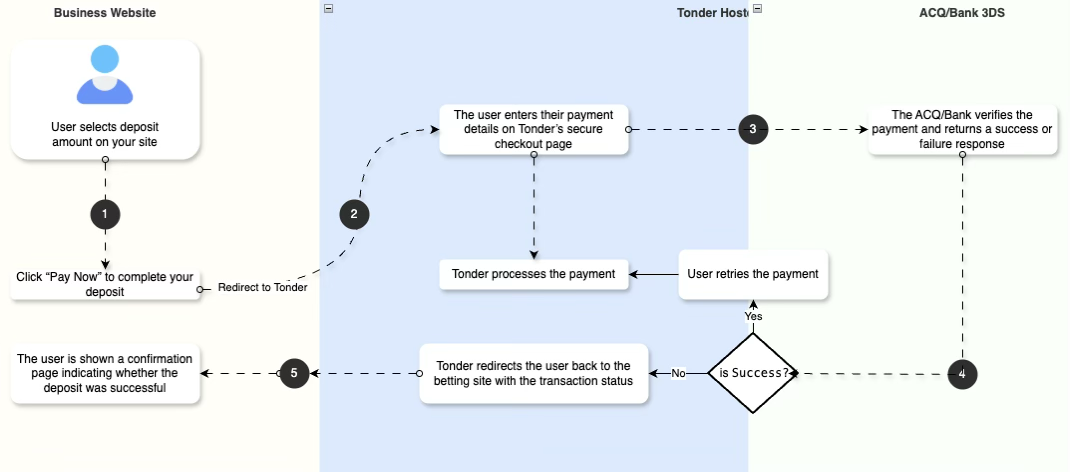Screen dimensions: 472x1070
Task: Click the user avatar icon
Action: (x=105, y=74)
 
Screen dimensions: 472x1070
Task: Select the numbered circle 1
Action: (x=105, y=213)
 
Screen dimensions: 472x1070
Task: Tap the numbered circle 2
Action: (x=354, y=213)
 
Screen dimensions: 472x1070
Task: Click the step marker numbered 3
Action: (x=753, y=128)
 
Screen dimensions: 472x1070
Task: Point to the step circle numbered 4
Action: (x=962, y=374)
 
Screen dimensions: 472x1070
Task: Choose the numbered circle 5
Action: (x=293, y=373)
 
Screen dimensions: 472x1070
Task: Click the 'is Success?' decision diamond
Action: (x=753, y=374)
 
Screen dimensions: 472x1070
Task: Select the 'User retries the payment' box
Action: (x=754, y=274)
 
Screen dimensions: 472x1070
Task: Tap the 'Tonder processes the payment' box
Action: (x=534, y=274)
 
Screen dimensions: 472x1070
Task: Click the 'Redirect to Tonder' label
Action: (x=262, y=288)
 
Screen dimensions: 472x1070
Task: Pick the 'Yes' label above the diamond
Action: (x=753, y=316)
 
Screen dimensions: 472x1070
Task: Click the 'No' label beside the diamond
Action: (x=678, y=373)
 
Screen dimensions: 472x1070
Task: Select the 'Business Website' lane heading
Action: (x=105, y=13)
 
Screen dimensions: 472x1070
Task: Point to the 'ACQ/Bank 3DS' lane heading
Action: (x=961, y=13)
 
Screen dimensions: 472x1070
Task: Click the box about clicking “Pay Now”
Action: (x=105, y=283)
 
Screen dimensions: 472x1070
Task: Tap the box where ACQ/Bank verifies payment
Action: (x=962, y=129)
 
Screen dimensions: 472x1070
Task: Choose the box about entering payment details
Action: (x=534, y=129)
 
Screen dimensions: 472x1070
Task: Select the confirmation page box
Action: (x=105, y=373)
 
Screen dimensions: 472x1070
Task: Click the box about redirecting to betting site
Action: (x=534, y=373)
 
